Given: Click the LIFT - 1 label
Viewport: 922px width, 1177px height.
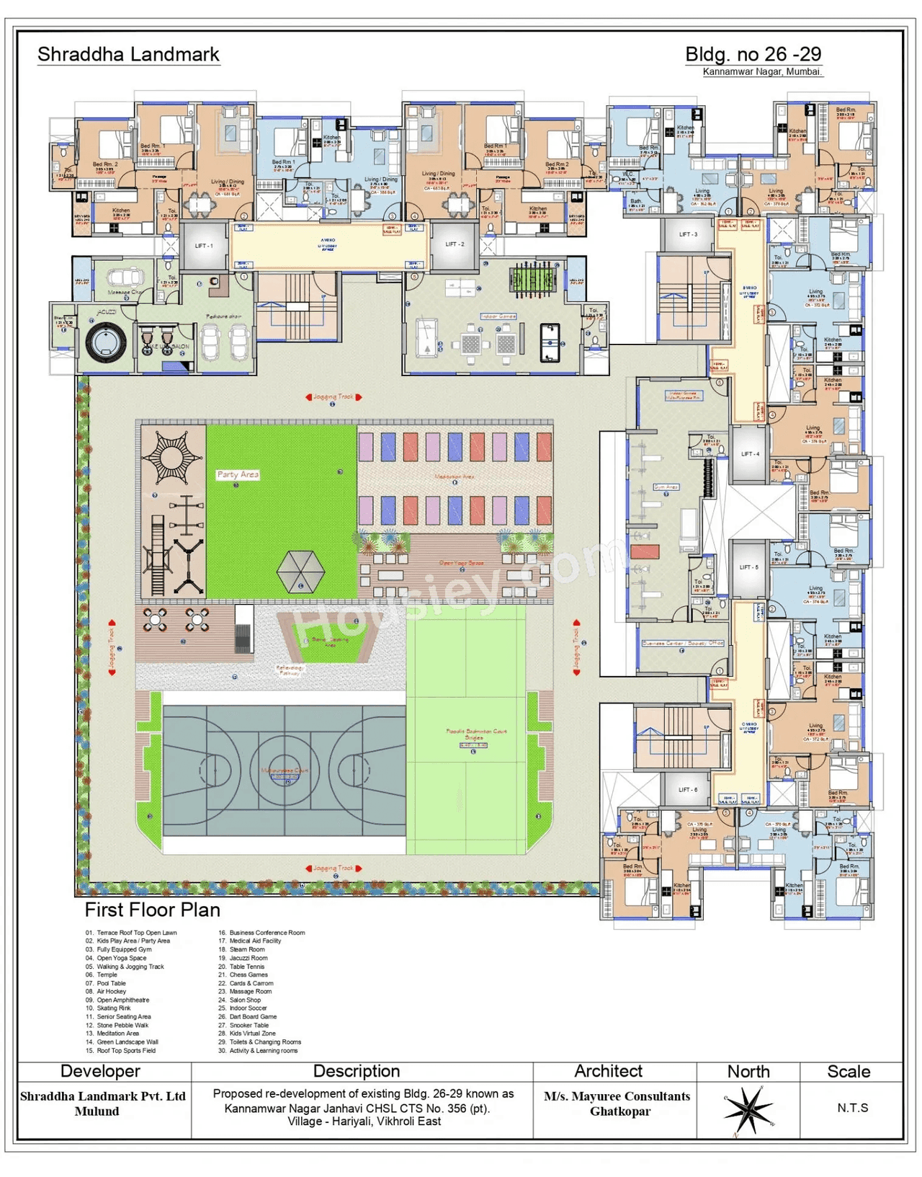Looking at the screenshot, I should pyautogui.click(x=204, y=246).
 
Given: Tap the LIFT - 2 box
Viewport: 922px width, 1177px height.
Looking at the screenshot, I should pyautogui.click(x=455, y=244).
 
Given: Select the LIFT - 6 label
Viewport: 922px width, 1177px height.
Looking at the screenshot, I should pyautogui.click(x=688, y=790).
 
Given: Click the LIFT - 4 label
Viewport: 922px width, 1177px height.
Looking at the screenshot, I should pyautogui.click(x=750, y=454).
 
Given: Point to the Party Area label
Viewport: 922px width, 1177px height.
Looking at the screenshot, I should pyautogui.click(x=238, y=474).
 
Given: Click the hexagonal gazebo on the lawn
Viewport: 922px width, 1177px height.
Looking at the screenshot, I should pyautogui.click(x=300, y=572).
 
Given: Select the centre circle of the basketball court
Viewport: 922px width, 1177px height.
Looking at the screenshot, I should pyautogui.click(x=284, y=770).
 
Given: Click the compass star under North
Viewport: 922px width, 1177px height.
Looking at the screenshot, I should pyautogui.click(x=748, y=1109).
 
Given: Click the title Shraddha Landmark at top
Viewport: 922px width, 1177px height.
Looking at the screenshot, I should pyautogui.click(x=128, y=55).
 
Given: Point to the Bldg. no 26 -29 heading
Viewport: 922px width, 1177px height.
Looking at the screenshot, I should pyautogui.click(x=753, y=54).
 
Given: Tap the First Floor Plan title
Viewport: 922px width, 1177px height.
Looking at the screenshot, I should pyautogui.click(x=152, y=910).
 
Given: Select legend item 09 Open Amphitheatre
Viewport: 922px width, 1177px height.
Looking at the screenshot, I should pyautogui.click(x=122, y=1000).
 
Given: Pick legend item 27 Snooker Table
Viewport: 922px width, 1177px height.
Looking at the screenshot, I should pyautogui.click(x=249, y=1025).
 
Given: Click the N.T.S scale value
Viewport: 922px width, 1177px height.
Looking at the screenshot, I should pyautogui.click(x=852, y=1108).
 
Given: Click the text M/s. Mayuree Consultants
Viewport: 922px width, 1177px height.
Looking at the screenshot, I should pyautogui.click(x=617, y=1096).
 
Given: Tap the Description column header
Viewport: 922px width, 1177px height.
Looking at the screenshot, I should pyautogui.click(x=356, y=1071).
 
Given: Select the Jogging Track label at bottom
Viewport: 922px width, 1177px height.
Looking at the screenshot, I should pyautogui.click(x=334, y=868).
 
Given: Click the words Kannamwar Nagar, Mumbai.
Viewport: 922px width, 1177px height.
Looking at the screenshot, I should pyautogui.click(x=761, y=72).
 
